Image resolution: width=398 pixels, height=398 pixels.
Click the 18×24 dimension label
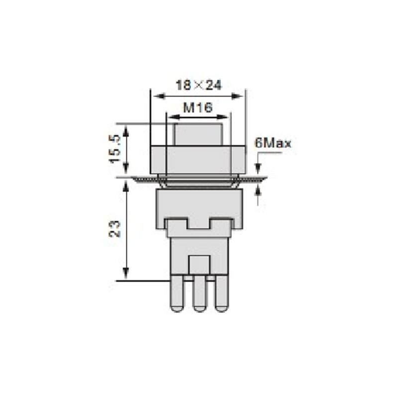click(x=199, y=85)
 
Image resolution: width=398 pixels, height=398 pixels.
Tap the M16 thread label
click(x=198, y=107)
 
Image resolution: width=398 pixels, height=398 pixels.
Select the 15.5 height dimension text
click(x=115, y=149)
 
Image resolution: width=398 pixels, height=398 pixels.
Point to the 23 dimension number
click(x=115, y=229)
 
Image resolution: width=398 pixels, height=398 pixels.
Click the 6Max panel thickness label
click(x=273, y=144)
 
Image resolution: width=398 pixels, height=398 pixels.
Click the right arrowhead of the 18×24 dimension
click(x=238, y=96)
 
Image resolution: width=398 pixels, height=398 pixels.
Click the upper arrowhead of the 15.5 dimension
click(x=126, y=131)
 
